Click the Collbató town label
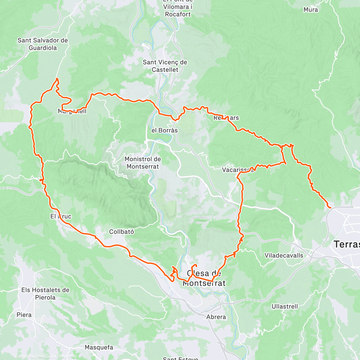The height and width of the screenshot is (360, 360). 121,232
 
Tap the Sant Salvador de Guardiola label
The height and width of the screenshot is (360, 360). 43,44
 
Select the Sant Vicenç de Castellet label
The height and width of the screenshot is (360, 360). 165,66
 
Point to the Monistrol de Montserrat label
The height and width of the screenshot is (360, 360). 142,163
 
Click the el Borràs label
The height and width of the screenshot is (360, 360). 164,130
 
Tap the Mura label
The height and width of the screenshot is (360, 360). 310,10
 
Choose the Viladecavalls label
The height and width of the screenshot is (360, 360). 283,255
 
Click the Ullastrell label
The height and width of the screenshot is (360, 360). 285,306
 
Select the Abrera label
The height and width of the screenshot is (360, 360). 216,317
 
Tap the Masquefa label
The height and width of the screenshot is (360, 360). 99,347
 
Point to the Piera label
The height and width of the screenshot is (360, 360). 24,315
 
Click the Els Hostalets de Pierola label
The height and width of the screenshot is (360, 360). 45,294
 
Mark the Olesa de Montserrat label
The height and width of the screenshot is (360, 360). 204,278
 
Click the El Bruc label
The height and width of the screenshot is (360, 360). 61,216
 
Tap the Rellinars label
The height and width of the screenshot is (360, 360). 226,118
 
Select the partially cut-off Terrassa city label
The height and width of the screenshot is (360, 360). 347,244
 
